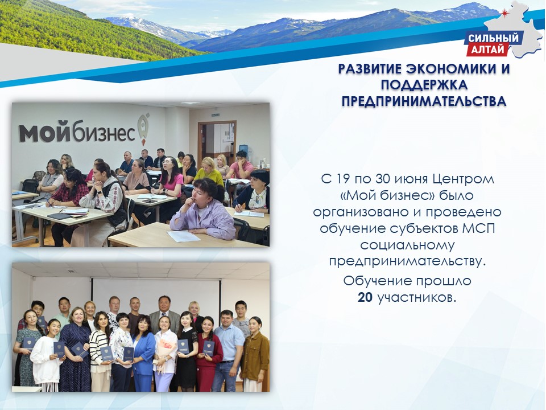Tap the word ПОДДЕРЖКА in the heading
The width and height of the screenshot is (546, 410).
tap(424, 85)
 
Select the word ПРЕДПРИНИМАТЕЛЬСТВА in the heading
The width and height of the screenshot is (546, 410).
tap(424, 101)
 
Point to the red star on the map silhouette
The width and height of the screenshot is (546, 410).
tap(504, 13)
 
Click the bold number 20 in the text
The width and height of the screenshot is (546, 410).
tap(365, 297)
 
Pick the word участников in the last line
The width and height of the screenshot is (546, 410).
tap(417, 298)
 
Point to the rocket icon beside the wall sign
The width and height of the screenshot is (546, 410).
tap(143, 128)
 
